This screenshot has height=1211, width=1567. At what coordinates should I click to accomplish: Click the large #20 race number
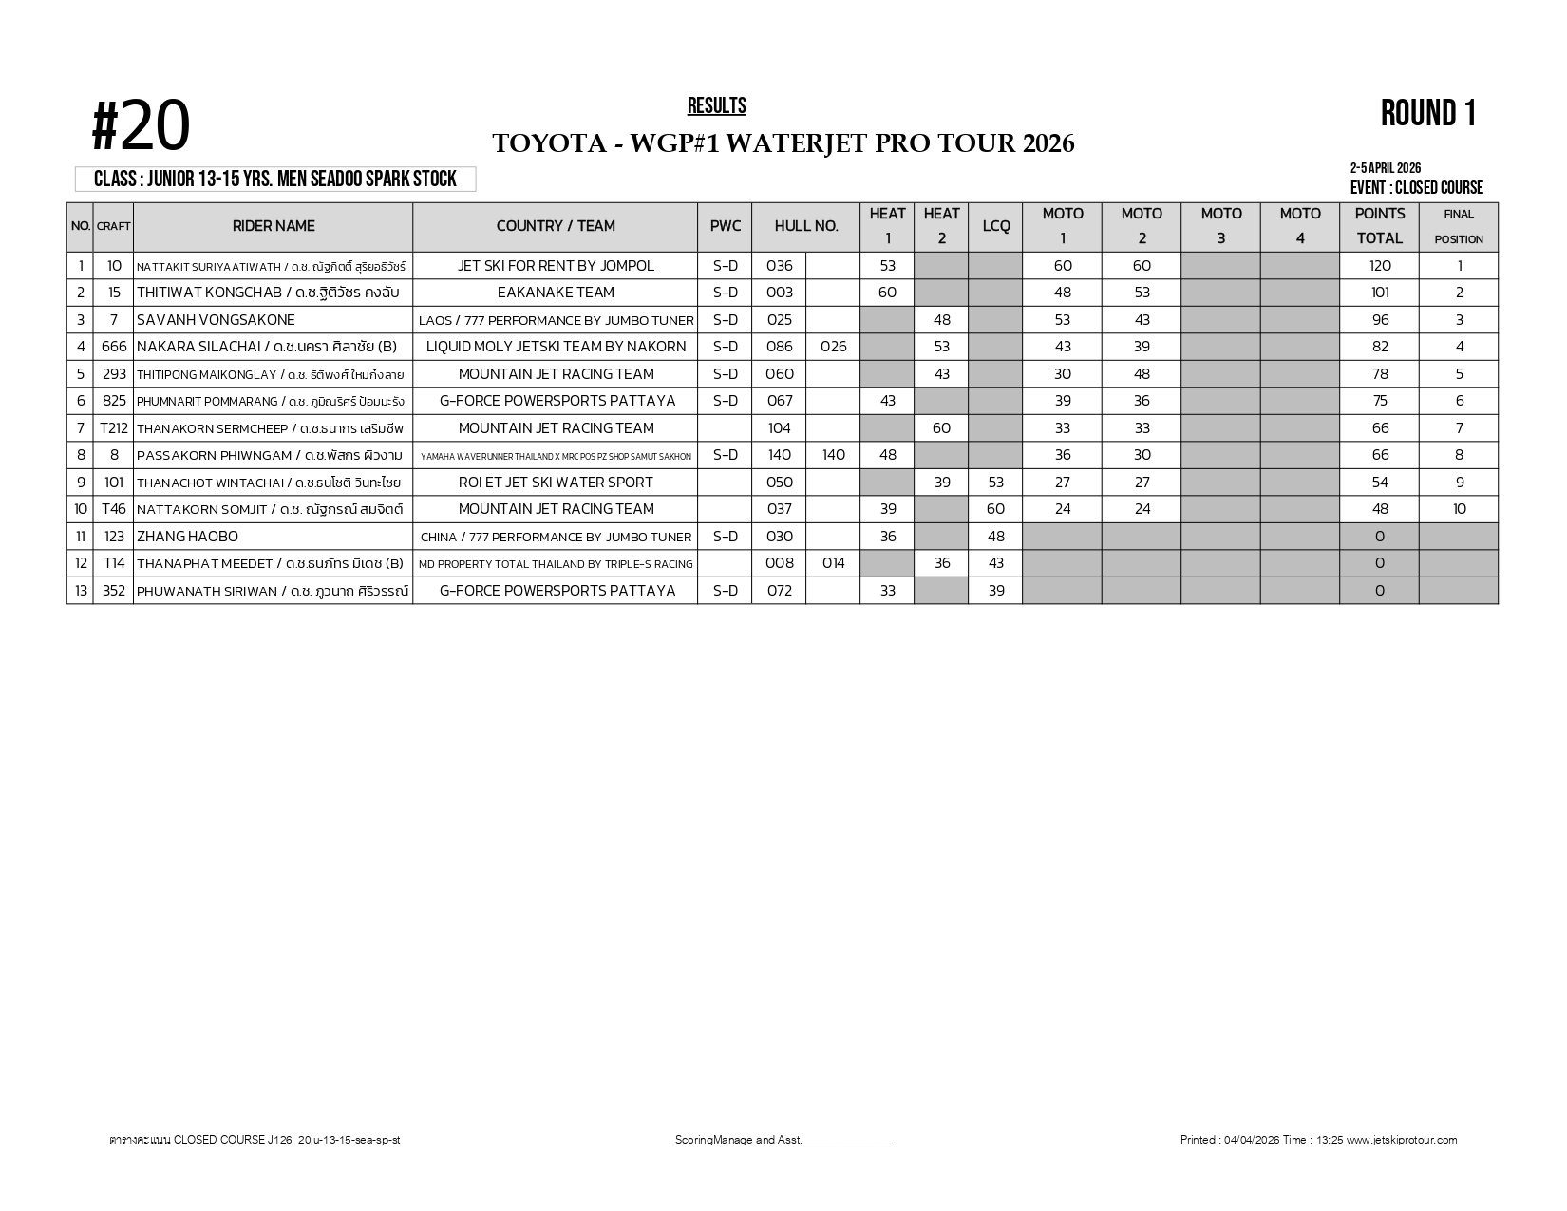[142, 127]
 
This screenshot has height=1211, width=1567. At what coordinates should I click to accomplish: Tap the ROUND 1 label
[1428, 114]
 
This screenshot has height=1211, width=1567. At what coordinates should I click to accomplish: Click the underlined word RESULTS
[717, 106]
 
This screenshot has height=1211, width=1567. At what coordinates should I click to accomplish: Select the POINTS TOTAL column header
[1379, 226]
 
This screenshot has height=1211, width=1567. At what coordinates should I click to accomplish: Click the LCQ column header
[995, 226]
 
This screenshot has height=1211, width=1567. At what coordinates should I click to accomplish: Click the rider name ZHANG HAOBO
[188, 537]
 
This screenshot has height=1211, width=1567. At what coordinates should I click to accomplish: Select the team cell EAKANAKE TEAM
[556, 293]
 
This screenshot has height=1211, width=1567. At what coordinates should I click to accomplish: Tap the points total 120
[1379, 266]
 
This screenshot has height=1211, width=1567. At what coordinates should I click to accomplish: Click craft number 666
[114, 347]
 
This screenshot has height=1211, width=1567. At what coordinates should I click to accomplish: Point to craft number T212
[114, 428]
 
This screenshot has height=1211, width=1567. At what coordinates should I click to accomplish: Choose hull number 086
[779, 347]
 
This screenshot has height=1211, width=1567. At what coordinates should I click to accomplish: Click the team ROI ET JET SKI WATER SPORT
[556, 483]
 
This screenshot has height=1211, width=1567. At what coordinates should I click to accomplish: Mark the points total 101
[1379, 293]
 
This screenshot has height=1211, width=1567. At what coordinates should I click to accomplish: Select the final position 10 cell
[1459, 509]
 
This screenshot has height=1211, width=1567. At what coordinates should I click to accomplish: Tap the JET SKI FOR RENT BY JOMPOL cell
[556, 266]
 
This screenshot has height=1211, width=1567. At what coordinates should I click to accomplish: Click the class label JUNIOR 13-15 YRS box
[275, 180]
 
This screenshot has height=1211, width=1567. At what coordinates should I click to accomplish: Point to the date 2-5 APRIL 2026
[1385, 169]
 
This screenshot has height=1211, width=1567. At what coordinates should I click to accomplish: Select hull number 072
[779, 591]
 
